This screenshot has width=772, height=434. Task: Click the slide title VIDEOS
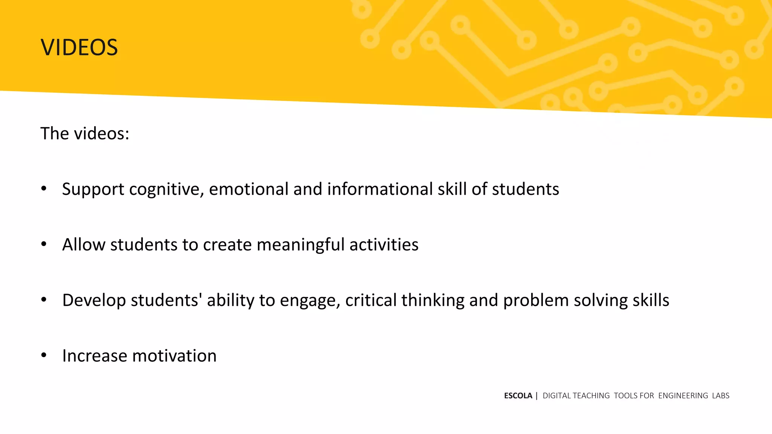click(x=79, y=47)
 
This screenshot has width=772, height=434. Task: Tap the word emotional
click(x=249, y=189)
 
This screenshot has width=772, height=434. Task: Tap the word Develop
click(x=94, y=300)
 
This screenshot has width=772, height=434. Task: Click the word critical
click(x=371, y=300)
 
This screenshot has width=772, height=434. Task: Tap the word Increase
click(x=95, y=356)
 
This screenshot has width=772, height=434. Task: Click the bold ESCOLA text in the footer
click(x=518, y=396)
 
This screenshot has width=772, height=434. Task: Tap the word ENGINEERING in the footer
click(x=683, y=396)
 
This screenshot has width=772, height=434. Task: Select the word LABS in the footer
click(x=721, y=396)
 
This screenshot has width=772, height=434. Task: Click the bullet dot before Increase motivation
click(x=44, y=355)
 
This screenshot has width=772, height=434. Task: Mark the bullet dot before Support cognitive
click(x=44, y=188)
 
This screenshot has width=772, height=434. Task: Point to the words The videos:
click(x=85, y=133)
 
